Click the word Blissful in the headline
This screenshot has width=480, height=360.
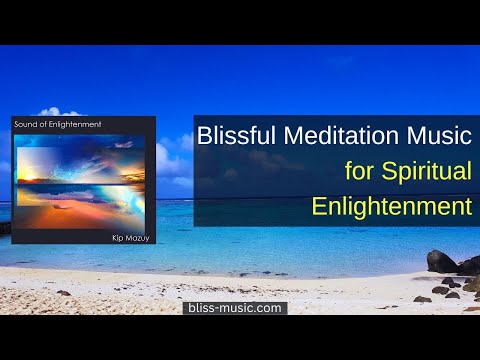238,135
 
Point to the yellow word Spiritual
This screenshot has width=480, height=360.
424,171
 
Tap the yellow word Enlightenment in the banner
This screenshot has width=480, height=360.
391,207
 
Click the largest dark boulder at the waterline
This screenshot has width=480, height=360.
441,262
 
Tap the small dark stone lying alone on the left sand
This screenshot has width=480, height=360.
63,293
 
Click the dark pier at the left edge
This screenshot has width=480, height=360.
5,227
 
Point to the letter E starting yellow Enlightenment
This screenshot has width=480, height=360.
319,207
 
